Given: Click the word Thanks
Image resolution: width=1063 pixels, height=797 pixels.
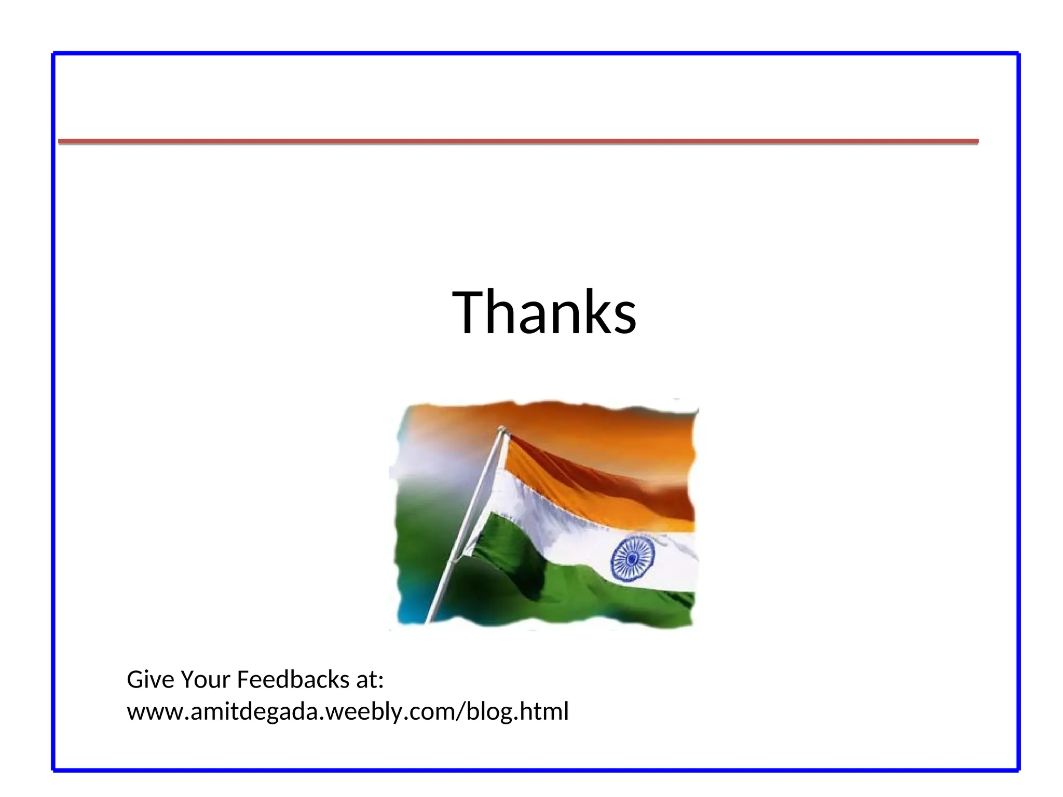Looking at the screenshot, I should pos(544,312).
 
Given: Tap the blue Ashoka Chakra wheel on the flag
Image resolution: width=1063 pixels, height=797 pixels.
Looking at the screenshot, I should pos(632,558).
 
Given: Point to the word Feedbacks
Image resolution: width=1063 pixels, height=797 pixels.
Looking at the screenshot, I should pos(293,680).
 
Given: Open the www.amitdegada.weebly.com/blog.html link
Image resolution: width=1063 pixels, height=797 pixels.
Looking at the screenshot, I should pos(348,711).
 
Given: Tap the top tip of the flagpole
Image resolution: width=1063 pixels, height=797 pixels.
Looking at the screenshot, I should pos(501,429).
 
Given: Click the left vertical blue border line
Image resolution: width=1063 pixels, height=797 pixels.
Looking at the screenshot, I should pos(53,410).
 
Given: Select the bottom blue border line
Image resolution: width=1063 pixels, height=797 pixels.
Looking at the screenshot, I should pos(535,769).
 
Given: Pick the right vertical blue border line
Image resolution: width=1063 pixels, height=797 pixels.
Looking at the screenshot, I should pos(1018,410).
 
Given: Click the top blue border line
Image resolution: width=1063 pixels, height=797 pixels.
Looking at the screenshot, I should pos(535,53).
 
